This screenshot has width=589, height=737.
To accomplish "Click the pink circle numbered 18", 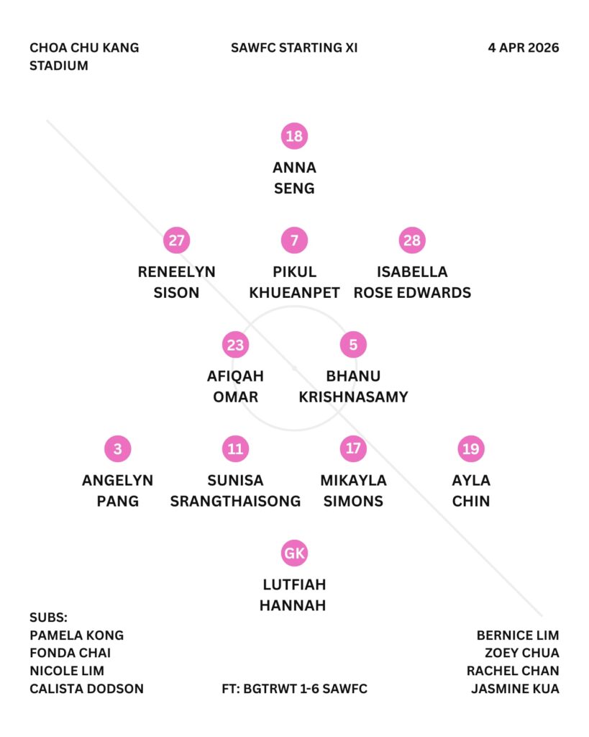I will [294, 136].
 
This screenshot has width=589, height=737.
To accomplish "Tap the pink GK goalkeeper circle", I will [294, 553].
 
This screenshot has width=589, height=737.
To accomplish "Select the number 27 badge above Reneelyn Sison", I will [176, 240].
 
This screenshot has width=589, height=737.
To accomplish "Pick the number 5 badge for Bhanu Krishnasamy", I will [353, 345].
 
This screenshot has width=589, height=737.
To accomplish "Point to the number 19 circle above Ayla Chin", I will [471, 449].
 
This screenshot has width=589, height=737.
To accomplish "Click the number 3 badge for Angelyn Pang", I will [118, 449].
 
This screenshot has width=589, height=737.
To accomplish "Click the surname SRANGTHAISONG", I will [235, 501].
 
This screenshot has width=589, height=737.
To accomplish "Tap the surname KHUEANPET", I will [294, 293].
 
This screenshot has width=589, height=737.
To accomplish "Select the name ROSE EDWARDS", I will [412, 293].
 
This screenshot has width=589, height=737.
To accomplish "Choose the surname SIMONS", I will [353, 501].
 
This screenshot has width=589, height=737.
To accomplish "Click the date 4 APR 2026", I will [523, 48].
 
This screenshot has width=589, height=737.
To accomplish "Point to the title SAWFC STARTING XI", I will [294, 48].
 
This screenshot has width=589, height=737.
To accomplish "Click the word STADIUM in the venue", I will [59, 65].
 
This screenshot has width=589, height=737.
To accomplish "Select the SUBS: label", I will [48, 618].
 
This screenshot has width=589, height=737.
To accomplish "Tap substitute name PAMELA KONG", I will [77, 636].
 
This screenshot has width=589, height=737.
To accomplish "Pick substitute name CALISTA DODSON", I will [86, 689].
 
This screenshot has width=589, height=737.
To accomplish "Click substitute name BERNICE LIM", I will [518, 636].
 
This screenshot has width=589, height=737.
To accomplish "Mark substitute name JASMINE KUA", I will [515, 689].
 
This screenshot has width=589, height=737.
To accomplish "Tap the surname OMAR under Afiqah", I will [235, 397].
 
